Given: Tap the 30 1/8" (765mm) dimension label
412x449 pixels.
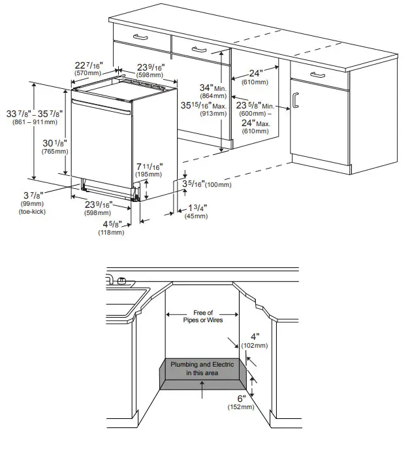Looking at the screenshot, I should [55, 146].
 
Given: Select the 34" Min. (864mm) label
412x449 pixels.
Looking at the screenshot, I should [212, 91].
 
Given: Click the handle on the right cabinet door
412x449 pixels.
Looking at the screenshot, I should [295, 99].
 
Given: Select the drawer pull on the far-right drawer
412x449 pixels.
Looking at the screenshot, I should [318, 76].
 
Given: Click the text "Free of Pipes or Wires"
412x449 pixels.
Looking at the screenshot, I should [202, 316].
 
